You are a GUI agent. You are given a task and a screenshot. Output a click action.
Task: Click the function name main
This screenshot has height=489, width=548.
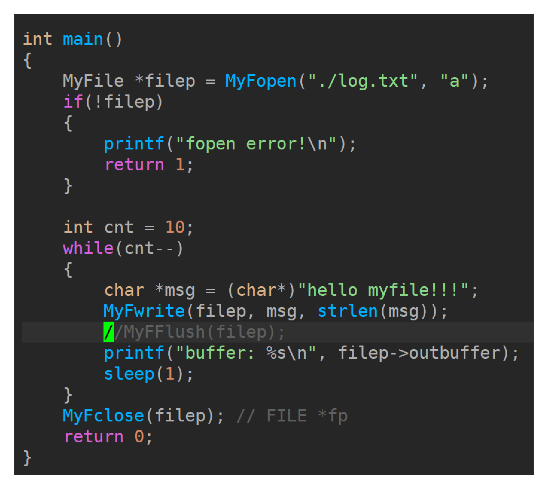83,39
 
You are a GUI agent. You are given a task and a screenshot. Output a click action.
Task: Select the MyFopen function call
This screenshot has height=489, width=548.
261,81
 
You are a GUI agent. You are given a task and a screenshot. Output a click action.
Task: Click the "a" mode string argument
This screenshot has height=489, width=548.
454,81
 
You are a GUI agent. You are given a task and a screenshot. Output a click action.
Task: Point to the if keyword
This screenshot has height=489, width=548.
73,102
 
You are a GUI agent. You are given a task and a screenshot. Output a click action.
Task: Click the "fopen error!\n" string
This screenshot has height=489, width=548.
256,144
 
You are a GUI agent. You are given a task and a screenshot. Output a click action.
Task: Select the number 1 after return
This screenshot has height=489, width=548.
180,165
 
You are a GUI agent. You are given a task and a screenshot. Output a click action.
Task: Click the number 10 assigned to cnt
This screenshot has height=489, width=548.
175,227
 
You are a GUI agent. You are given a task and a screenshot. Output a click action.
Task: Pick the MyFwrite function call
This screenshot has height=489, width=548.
144,311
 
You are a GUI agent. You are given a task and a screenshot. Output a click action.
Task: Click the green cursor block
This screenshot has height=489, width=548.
108,332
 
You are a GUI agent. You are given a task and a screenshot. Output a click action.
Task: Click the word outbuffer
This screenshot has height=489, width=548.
455,353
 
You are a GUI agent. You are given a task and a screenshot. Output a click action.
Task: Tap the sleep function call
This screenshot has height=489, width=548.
129,374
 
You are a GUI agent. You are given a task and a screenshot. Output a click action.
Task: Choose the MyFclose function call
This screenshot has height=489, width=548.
103,416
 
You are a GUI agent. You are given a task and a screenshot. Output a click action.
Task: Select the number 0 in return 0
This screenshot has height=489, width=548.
139,437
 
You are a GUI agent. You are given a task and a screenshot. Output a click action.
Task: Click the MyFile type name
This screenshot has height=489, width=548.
93,81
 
